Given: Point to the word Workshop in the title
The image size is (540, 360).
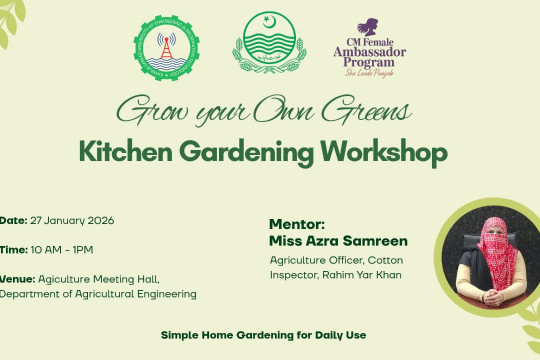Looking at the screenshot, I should pyautogui.click(x=382, y=151).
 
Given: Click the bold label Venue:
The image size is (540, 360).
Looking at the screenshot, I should pyautogui.click(x=17, y=278).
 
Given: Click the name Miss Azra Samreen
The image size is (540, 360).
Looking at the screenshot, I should pyautogui.click(x=337, y=241).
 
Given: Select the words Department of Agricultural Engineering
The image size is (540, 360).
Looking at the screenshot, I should pyautogui.click(x=98, y=294).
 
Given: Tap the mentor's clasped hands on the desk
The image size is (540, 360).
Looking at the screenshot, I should pyautogui.click(x=491, y=299).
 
